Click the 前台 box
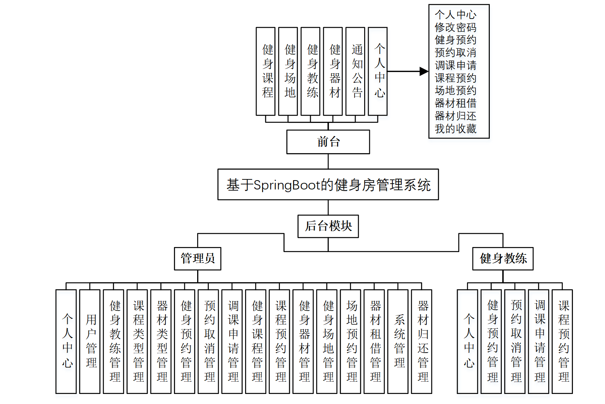[328, 142]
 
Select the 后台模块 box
[328, 226]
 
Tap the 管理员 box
[198, 258]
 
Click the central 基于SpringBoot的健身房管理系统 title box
[328, 184]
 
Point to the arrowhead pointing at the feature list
[424, 71]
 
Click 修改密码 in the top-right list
[455, 27]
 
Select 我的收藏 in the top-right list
[455, 129]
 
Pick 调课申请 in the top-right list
[455, 65]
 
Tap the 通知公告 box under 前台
[355, 71]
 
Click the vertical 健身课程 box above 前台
[266, 71]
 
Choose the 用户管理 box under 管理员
[90, 341]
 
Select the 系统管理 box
[398, 341]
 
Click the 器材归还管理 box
[421, 341]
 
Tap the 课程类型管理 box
[137, 341]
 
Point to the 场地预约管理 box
[350, 341]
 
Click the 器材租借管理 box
[374, 341]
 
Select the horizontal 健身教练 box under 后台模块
[503, 258]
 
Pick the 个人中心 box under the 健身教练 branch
[467, 341]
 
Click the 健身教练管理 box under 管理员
[114, 341]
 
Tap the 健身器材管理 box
[303, 341]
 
